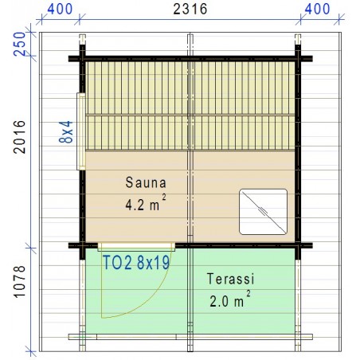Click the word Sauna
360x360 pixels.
pyautogui.click(x=142, y=182)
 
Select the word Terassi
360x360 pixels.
pyautogui.click(x=229, y=280)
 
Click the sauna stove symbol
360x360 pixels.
pyautogui.click(x=263, y=211)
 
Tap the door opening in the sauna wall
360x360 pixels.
pyautogui.click(x=136, y=245)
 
